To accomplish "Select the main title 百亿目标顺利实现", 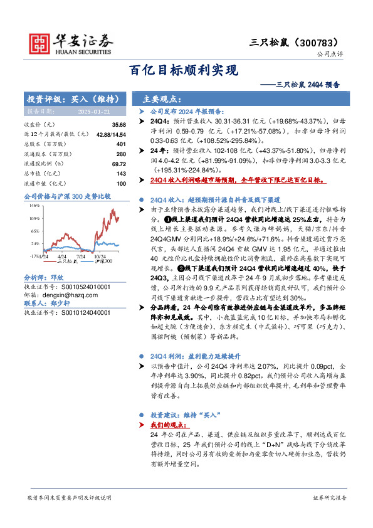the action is pos(186,70).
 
